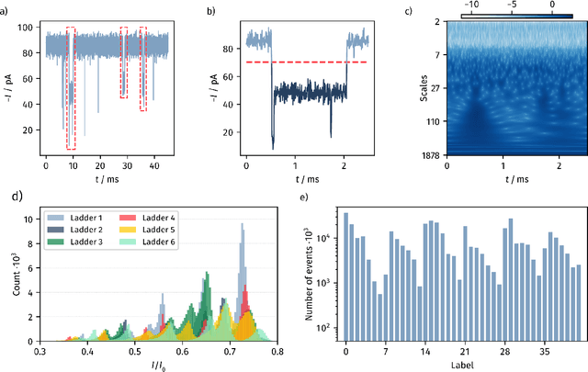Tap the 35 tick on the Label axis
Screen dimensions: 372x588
click(x=544, y=350)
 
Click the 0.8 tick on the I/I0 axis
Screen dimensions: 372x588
click(x=278, y=350)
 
